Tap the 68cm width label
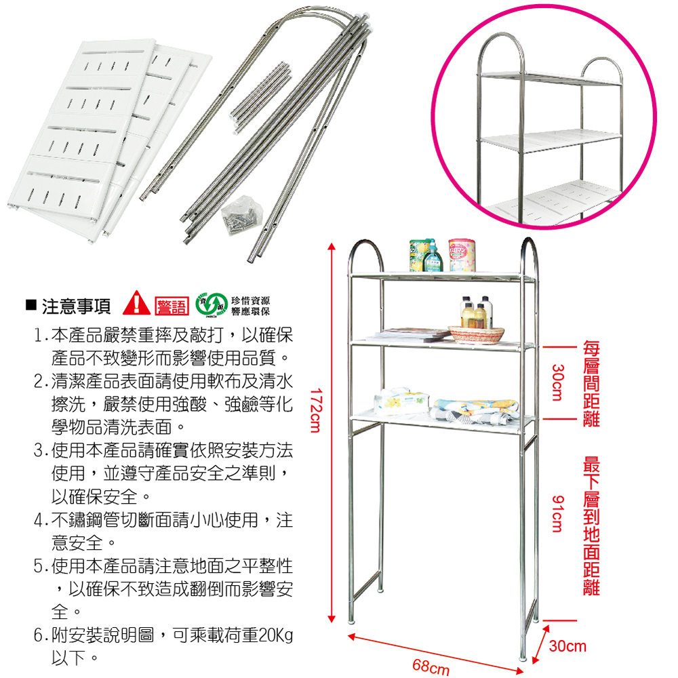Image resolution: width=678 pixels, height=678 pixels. pos(431,666)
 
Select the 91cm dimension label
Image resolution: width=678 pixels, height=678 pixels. pos(557,513)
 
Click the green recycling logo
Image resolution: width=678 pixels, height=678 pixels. pos(206,306)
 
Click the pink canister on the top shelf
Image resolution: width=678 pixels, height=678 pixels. pos(462,254)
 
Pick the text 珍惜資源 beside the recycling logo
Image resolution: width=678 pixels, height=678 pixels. pos(250,300)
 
